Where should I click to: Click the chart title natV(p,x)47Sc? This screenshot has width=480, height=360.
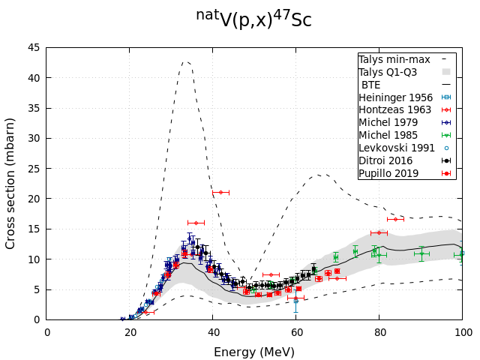253,19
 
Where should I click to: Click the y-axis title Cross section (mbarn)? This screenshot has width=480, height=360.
11,183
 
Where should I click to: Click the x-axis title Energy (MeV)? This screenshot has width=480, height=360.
254,352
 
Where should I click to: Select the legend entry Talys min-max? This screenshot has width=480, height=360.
394,58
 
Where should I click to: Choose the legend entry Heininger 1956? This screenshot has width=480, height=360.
394,97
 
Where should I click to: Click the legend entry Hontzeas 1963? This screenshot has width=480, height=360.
394,109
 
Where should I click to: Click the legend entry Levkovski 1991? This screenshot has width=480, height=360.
396,148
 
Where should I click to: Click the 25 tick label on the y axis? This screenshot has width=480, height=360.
34,168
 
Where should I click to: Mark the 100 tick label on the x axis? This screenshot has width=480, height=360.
462,331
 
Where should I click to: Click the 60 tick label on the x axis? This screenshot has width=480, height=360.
295,331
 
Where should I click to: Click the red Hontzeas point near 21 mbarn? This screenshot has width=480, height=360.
220,192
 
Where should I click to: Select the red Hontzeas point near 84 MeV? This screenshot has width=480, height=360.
395,219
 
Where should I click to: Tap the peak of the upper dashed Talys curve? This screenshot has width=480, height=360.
187,61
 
